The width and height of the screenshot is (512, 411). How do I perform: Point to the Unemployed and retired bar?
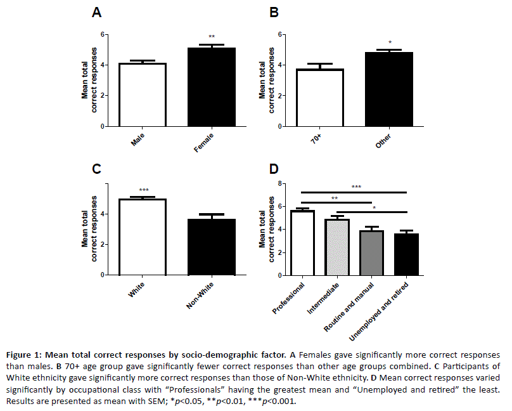(x=406, y=256)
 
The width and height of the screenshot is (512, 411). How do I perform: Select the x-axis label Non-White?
(x=199, y=296)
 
